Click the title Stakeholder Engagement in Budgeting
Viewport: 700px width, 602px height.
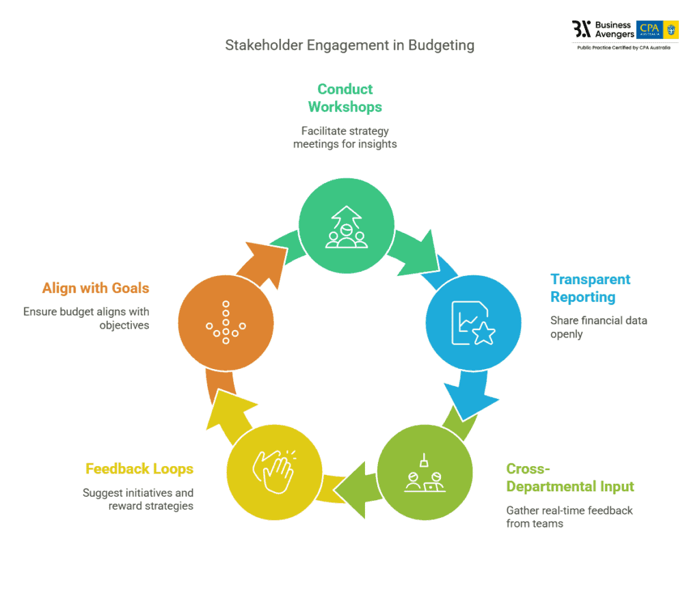tap(349, 46)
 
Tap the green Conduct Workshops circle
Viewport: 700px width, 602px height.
tap(347, 225)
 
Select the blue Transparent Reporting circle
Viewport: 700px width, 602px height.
tap(473, 322)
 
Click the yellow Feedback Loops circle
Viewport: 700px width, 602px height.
tap(273, 469)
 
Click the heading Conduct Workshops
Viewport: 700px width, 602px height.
tap(345, 98)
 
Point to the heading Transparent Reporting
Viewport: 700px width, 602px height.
tap(590, 288)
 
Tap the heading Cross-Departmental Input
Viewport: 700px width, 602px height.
tap(570, 478)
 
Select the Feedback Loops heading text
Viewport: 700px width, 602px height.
tap(139, 469)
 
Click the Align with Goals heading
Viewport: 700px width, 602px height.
tap(96, 288)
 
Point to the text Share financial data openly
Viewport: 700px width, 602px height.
tap(598, 327)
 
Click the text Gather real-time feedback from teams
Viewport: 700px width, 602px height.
tap(569, 517)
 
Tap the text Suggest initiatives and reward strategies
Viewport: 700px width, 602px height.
tap(138, 499)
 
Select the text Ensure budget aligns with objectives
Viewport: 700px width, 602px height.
tap(86, 318)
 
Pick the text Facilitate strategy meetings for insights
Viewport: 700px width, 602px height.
tap(345, 137)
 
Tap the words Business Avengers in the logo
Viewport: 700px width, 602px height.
tap(614, 29)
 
